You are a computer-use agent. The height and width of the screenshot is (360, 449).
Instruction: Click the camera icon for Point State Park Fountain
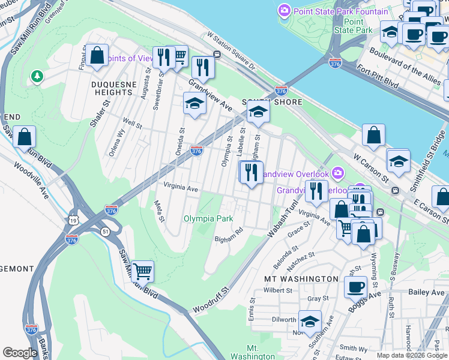point(284,11)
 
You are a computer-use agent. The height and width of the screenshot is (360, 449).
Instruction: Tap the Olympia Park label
point(208,219)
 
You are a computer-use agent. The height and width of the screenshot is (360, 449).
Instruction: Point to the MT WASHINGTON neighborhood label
point(301,279)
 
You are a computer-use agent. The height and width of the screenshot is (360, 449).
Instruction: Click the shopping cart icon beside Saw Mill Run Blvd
point(142,272)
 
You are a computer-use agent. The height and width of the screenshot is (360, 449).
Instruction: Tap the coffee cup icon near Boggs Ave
point(355,287)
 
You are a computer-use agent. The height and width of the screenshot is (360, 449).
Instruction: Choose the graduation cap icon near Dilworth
point(310,322)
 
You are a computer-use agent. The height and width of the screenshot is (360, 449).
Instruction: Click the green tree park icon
point(37,76)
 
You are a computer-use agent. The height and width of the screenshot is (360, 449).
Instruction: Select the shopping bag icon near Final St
point(97,56)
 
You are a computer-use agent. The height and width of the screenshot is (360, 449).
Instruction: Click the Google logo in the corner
point(20,353)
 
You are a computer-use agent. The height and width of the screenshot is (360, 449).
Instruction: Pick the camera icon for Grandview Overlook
point(338,173)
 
